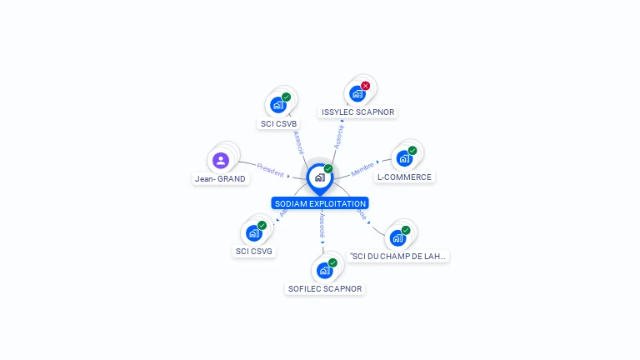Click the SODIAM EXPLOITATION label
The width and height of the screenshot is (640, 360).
click(x=320, y=203)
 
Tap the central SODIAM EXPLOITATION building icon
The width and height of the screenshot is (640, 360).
click(x=319, y=177)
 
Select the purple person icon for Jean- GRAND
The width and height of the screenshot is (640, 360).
click(x=220, y=160)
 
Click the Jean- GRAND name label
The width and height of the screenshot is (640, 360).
click(x=220, y=179)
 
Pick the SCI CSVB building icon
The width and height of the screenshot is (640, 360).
click(x=277, y=106)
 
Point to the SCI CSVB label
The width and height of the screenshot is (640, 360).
click(x=278, y=124)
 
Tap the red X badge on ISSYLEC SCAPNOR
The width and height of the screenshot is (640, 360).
click(x=365, y=86)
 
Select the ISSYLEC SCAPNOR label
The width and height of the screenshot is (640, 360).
click(x=358, y=112)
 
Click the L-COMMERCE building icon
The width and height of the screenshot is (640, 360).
click(x=404, y=158)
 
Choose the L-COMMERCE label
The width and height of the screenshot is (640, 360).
click(x=404, y=177)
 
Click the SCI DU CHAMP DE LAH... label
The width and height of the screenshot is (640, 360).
click(x=398, y=256)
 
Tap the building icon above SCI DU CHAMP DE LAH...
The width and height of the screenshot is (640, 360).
click(x=397, y=238)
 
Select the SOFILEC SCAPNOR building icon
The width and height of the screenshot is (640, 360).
click(x=324, y=271)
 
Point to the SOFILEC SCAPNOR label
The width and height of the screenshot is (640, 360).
click(x=325, y=289)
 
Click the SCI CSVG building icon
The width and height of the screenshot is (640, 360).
click(x=253, y=233)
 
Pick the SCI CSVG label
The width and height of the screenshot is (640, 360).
click(x=254, y=251)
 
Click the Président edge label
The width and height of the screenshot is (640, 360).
click(x=270, y=170)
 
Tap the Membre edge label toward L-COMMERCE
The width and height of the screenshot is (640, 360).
click(x=362, y=169)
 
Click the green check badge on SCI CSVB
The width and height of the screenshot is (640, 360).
click(x=286, y=97)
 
